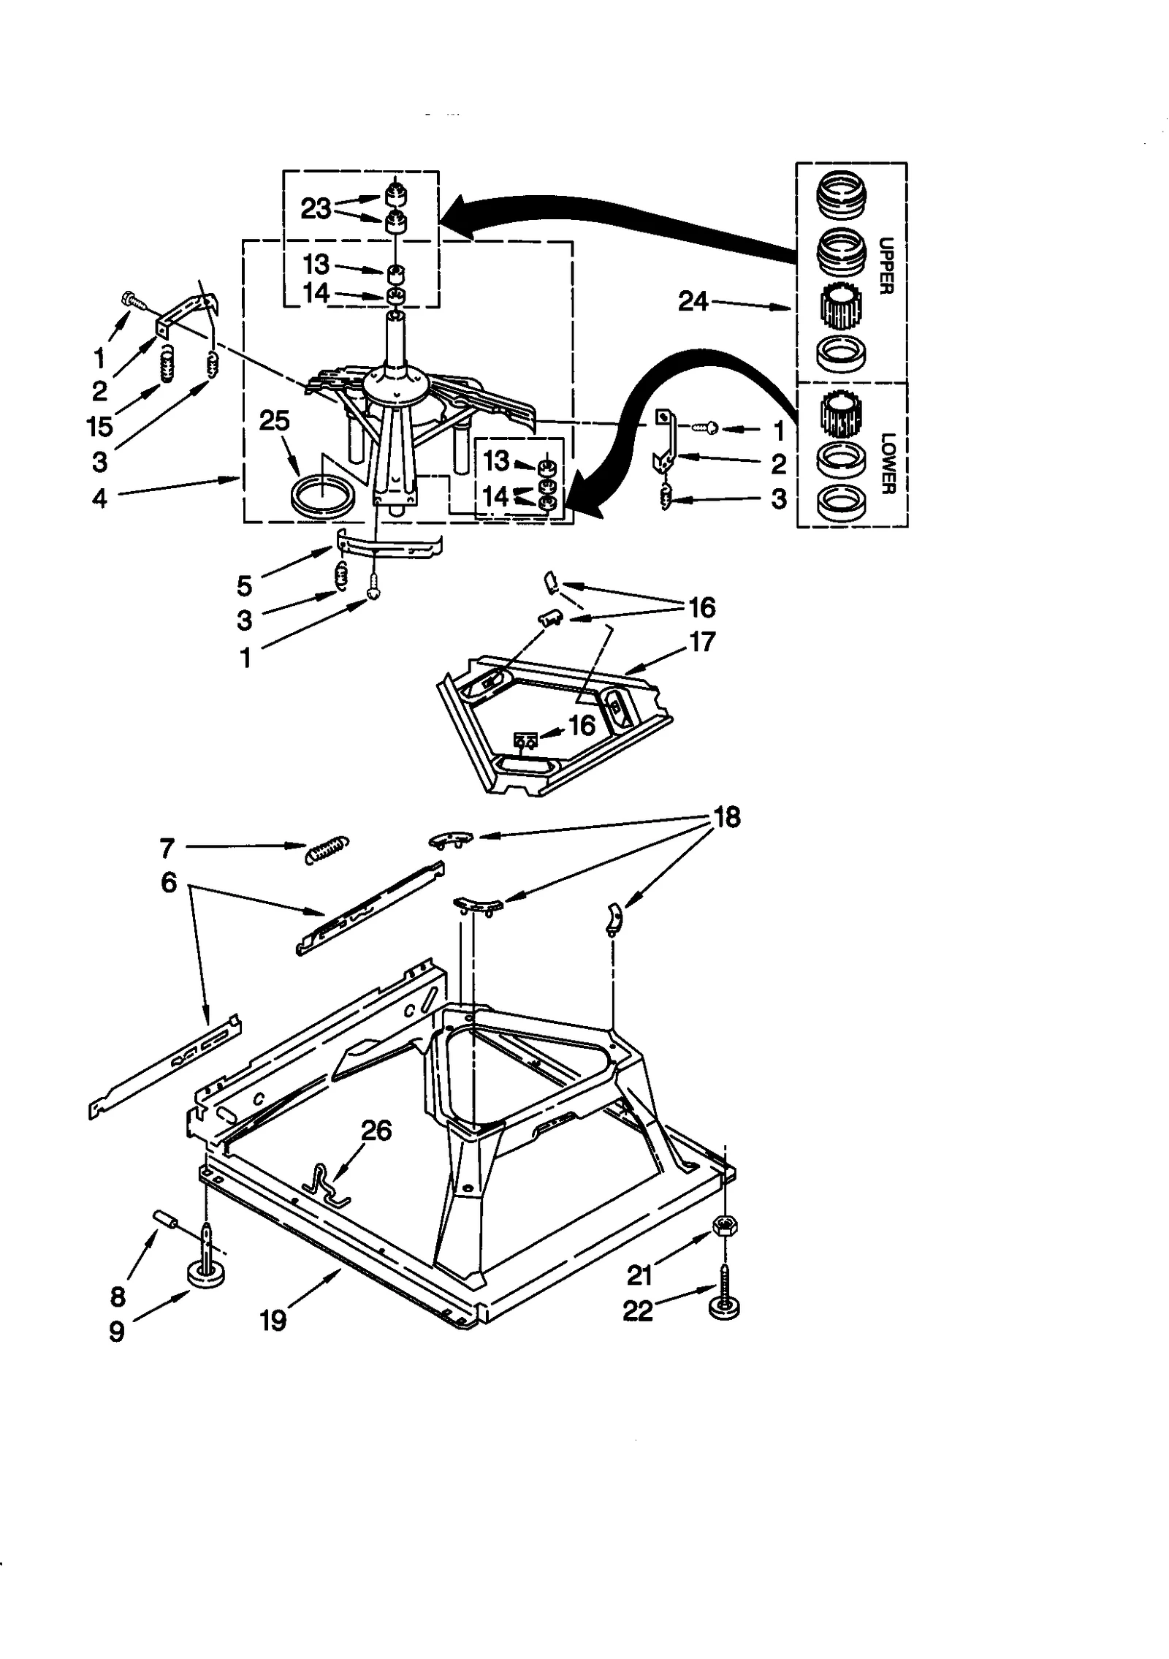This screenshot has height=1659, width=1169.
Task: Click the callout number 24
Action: [693, 301]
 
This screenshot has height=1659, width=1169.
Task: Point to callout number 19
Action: [273, 1320]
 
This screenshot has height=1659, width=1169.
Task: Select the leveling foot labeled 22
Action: [723, 1308]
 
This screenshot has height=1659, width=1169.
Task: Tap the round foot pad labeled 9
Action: [205, 1275]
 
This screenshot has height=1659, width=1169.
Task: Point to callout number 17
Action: [701, 642]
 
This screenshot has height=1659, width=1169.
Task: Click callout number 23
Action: [316, 208]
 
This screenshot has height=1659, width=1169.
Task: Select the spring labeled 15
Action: [167, 364]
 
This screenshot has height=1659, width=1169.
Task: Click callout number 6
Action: [169, 883]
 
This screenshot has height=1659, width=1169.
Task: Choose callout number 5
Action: [245, 585]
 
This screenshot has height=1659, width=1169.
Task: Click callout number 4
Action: [99, 498]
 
